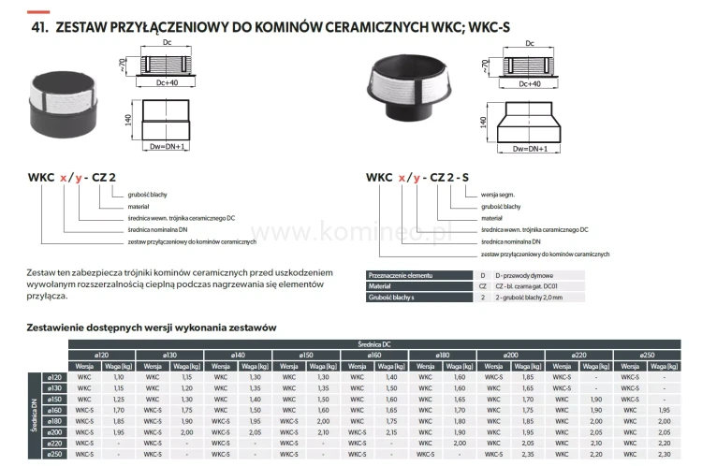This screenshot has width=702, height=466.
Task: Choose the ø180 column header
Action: click(x=444, y=355)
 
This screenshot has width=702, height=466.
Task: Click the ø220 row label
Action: click(x=55, y=442)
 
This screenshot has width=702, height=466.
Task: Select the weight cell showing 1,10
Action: click(x=118, y=375)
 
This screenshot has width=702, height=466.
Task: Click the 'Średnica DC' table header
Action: click(x=376, y=344)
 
